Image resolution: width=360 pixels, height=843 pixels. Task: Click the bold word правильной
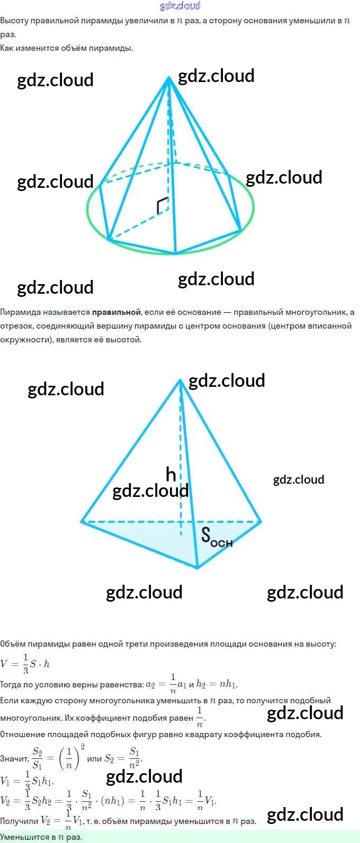tap(116, 312)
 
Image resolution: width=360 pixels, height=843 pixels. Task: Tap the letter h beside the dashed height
tap(170, 474)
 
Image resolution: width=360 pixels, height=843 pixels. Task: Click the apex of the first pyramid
tap(169, 78)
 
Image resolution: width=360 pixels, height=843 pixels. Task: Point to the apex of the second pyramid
tap(181, 379)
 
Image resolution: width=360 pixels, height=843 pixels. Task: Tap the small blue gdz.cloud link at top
tap(180, 6)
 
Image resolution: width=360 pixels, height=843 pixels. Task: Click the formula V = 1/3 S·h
tap(25, 664)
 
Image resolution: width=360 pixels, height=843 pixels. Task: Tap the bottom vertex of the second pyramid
tap(197, 568)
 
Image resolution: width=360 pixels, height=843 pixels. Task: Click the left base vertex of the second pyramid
tap(82, 522)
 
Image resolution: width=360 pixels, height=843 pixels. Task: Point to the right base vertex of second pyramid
tap(260, 522)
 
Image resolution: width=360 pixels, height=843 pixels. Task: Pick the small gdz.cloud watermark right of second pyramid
tap(299, 479)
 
